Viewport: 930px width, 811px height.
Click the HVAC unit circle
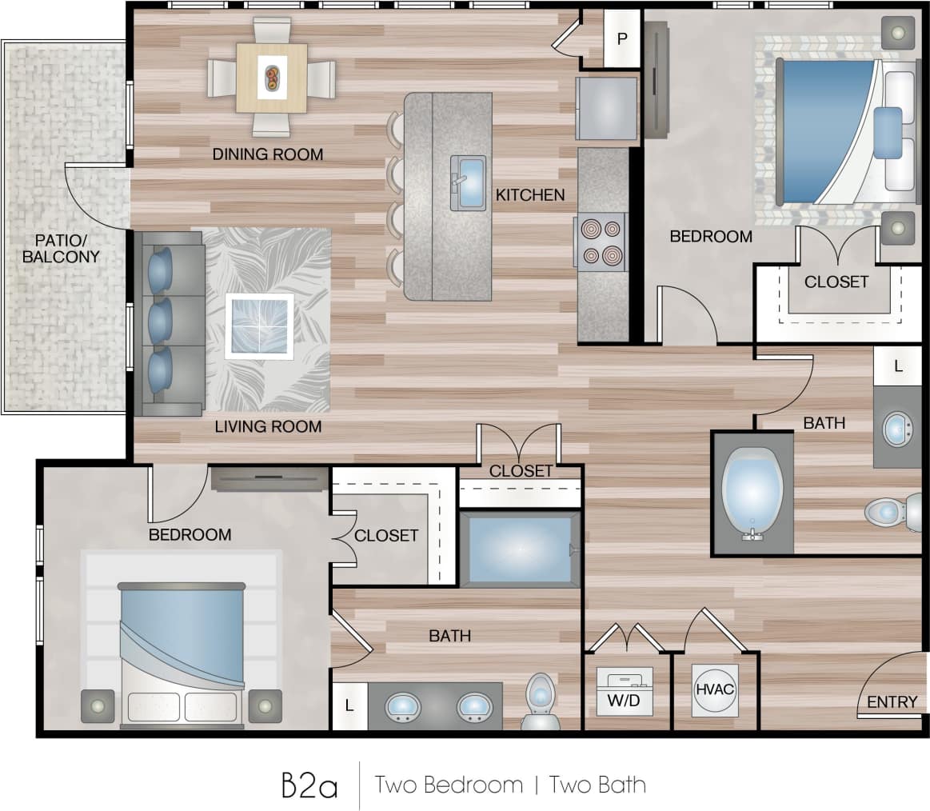pos(714,689)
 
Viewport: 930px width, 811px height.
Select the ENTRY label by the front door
pos(892,701)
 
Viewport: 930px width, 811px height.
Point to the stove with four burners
pos(601,242)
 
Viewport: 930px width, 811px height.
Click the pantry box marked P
pos(621,38)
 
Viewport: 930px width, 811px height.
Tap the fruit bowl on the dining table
pos(272,78)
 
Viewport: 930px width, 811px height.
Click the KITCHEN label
pos(529,194)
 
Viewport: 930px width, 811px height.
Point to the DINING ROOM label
pos(267,154)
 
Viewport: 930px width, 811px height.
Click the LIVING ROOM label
pos(268,426)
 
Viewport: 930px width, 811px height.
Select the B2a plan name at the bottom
pos(309,785)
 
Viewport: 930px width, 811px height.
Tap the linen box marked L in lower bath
pos(349,706)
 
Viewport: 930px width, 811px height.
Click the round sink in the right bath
pos(900,429)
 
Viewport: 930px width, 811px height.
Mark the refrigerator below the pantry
pos(607,108)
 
